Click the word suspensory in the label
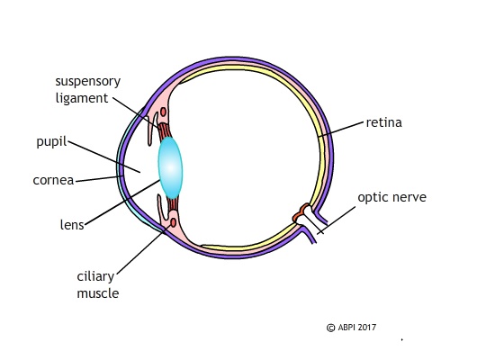point(86,81)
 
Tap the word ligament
point(81,97)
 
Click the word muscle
point(96,293)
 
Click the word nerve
point(409,196)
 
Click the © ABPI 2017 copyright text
point(352,328)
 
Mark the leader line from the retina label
point(340,128)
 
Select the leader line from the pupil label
point(103,155)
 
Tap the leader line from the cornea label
point(99,179)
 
